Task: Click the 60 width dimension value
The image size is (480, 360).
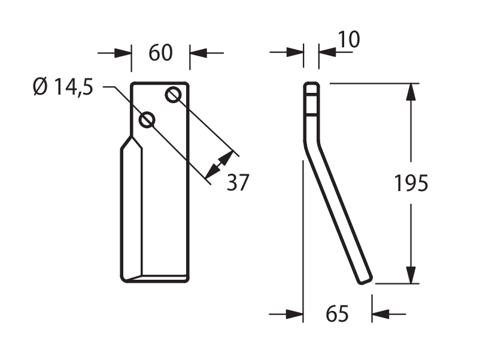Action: [x=161, y=53]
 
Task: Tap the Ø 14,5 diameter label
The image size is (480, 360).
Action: [x=63, y=87]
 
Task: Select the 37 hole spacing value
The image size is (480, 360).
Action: [x=238, y=183]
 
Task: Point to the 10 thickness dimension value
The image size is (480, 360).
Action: [x=349, y=40]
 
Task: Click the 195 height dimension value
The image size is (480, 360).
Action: [x=411, y=183]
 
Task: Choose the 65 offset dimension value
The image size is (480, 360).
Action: [x=337, y=314]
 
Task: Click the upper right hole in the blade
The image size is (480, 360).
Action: [x=173, y=95]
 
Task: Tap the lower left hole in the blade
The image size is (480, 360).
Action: [x=147, y=119]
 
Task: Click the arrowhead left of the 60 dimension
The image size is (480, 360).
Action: [x=123, y=53]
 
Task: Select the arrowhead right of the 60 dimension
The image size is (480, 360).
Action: [x=198, y=53]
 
